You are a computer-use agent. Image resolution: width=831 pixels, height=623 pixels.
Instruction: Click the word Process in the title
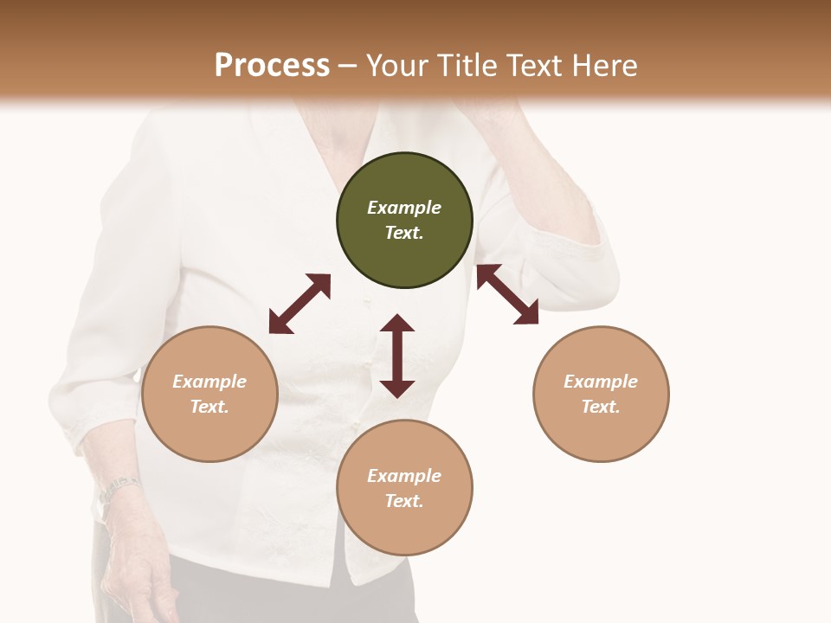(272, 65)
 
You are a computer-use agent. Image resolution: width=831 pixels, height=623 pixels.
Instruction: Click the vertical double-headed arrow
(397, 356)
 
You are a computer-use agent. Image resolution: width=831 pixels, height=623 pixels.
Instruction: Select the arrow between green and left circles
(300, 304)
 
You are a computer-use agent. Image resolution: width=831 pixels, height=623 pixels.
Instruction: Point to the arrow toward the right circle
(507, 294)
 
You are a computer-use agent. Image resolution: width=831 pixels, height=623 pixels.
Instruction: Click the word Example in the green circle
(404, 208)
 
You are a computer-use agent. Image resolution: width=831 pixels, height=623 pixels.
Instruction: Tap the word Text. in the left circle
(209, 407)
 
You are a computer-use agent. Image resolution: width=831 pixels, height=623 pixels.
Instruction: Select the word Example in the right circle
(601, 382)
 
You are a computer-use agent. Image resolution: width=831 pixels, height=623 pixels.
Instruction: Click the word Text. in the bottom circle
(404, 501)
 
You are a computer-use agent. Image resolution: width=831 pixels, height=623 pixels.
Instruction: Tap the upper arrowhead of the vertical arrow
(397, 323)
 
